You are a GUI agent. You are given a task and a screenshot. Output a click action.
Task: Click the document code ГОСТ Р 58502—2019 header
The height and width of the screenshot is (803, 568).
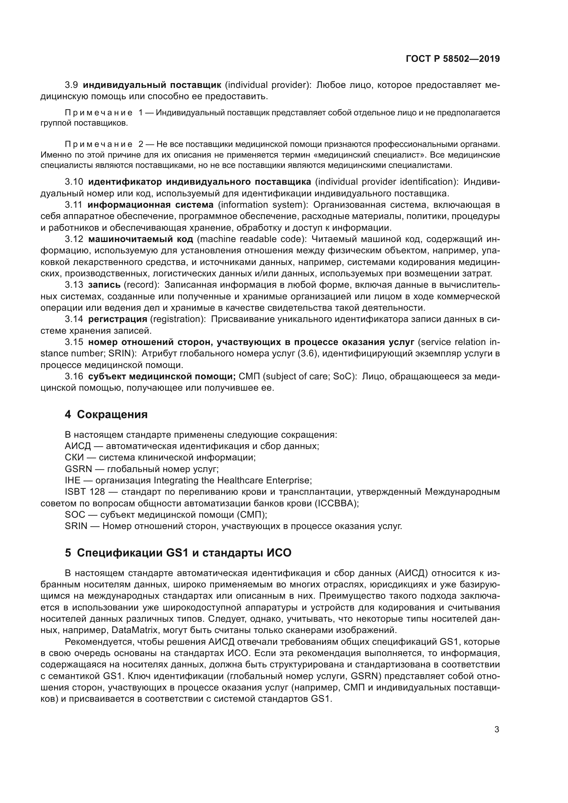pos(453,59)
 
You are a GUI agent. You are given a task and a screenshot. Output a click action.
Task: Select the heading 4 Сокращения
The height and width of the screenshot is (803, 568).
pos(106,414)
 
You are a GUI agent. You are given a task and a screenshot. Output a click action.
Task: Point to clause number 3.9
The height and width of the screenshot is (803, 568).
pos(71,85)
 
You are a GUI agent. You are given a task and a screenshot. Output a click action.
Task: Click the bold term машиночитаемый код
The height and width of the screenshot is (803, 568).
pos(140,239)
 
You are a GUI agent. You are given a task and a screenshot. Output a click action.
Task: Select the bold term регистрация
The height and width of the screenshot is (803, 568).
pos(117,319)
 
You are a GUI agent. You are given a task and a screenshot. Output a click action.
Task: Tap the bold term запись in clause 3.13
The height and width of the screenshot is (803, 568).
pos(104,285)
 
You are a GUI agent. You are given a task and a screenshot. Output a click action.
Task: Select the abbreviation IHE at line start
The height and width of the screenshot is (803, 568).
pos(72,480)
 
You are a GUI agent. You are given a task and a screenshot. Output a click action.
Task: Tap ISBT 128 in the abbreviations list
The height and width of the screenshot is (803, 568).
pos(84,492)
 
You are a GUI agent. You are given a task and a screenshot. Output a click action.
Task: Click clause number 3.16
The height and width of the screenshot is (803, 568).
pos(74,377)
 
